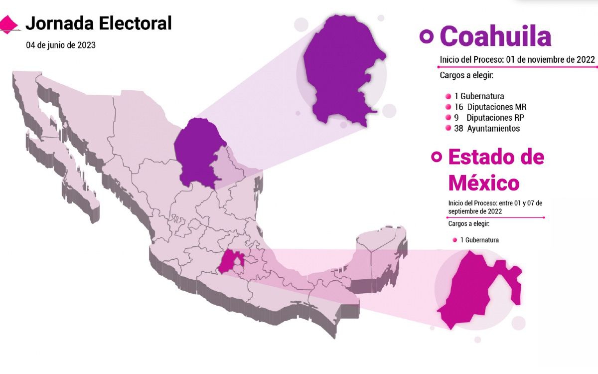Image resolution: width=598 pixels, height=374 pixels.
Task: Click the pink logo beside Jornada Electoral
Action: [x=9, y=23]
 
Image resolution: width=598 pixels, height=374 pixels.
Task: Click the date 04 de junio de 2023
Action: [x=61, y=45]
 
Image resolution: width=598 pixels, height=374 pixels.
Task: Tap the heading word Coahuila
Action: [x=495, y=36]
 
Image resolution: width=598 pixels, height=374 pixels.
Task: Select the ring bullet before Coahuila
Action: [x=426, y=36]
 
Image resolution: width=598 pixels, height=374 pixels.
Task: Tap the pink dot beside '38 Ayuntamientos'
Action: [x=448, y=129]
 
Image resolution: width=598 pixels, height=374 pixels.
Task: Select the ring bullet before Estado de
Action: [x=437, y=157]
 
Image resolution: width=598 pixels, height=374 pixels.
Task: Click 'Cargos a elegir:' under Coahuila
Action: [x=466, y=76]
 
